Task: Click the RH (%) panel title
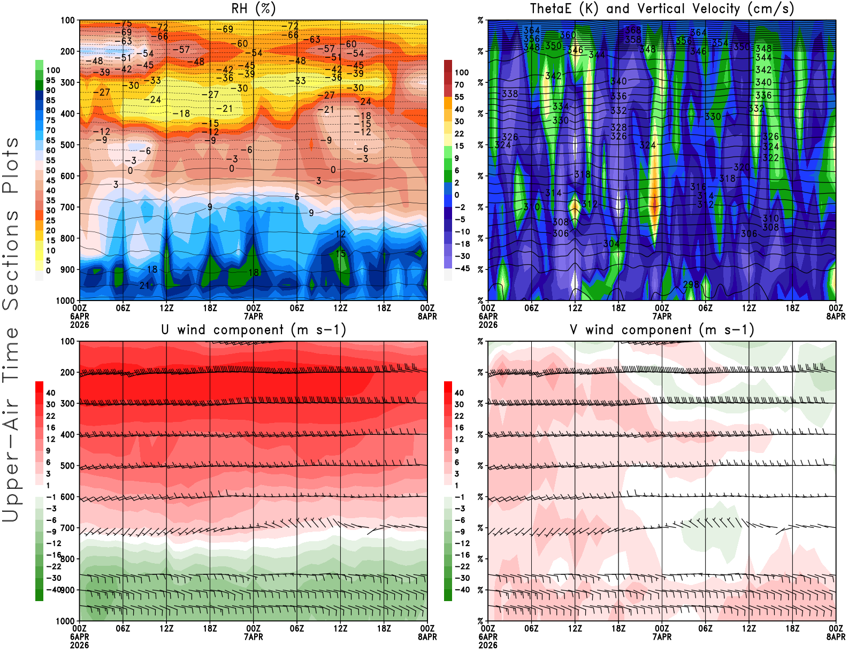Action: pos(253,9)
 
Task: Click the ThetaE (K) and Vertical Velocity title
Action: pos(662,9)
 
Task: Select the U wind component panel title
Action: pos(254,329)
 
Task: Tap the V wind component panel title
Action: pos(662,329)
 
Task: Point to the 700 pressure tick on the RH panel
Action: pos(68,207)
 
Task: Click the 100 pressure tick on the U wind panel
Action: pos(68,341)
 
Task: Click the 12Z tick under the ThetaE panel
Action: pos(575,308)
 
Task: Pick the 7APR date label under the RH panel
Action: pos(254,316)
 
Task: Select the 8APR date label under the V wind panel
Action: pos(836,637)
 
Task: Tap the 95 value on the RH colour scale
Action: pos(50,80)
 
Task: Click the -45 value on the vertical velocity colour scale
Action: pos(462,268)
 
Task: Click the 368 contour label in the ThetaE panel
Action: pos(633,30)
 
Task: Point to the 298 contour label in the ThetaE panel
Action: pos(691,285)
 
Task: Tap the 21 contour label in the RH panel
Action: pos(144,286)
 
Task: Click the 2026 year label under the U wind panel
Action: pos(80,645)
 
